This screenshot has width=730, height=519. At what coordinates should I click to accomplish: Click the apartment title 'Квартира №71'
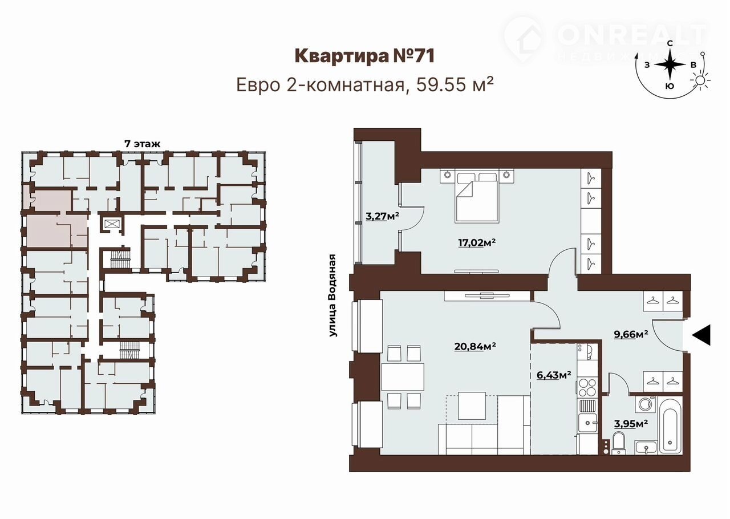(x=364, y=56)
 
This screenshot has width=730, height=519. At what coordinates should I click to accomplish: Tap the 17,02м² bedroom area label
(x=477, y=243)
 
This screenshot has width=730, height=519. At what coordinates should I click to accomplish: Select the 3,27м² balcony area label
(x=382, y=217)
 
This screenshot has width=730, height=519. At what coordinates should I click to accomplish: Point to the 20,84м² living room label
(x=475, y=346)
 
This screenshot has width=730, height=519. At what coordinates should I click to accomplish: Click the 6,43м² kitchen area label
(x=554, y=375)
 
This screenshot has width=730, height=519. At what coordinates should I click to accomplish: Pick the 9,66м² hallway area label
(x=631, y=334)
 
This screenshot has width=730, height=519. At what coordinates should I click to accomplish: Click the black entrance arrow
(x=701, y=335)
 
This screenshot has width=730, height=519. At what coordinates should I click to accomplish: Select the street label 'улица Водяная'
(x=332, y=295)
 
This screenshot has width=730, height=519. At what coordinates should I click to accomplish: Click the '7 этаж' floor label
(x=143, y=144)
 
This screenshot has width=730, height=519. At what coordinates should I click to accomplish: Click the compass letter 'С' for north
(x=670, y=43)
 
